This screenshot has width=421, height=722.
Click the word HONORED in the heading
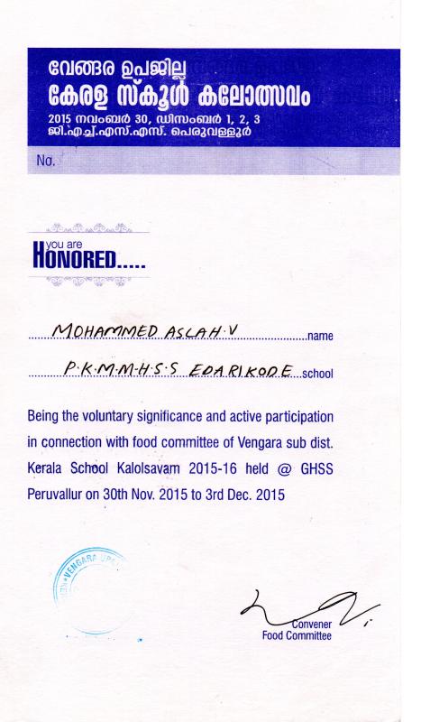[86, 261]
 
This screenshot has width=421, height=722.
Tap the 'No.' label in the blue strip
[46, 162]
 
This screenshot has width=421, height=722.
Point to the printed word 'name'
[321, 337]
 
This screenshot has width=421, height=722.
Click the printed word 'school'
[318, 372]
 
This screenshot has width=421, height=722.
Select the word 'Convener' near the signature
[312, 624]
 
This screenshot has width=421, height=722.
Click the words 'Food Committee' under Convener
[297, 635]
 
